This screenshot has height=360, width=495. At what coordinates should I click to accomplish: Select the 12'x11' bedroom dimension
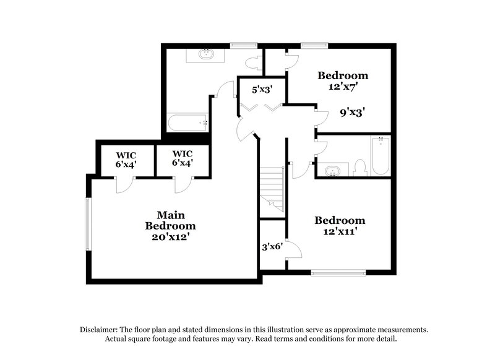[340, 232]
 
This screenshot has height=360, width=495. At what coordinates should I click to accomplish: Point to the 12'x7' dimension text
[343, 87]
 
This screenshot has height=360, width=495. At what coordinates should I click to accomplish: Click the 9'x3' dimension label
[350, 113]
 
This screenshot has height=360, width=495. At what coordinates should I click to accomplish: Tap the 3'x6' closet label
[272, 246]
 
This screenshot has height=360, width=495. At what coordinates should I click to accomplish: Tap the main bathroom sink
[206, 54]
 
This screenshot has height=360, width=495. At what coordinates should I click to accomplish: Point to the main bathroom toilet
[253, 62]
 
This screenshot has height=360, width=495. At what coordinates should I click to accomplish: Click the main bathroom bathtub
[187, 122]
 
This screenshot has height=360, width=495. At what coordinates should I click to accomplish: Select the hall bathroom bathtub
[380, 155]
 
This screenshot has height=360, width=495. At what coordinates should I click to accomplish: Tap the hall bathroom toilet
[361, 168]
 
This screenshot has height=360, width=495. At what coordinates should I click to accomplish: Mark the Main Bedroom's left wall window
[88, 225]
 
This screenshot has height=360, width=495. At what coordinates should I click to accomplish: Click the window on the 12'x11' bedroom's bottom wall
[338, 272]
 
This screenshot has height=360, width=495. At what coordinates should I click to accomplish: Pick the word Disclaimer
[101, 330]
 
